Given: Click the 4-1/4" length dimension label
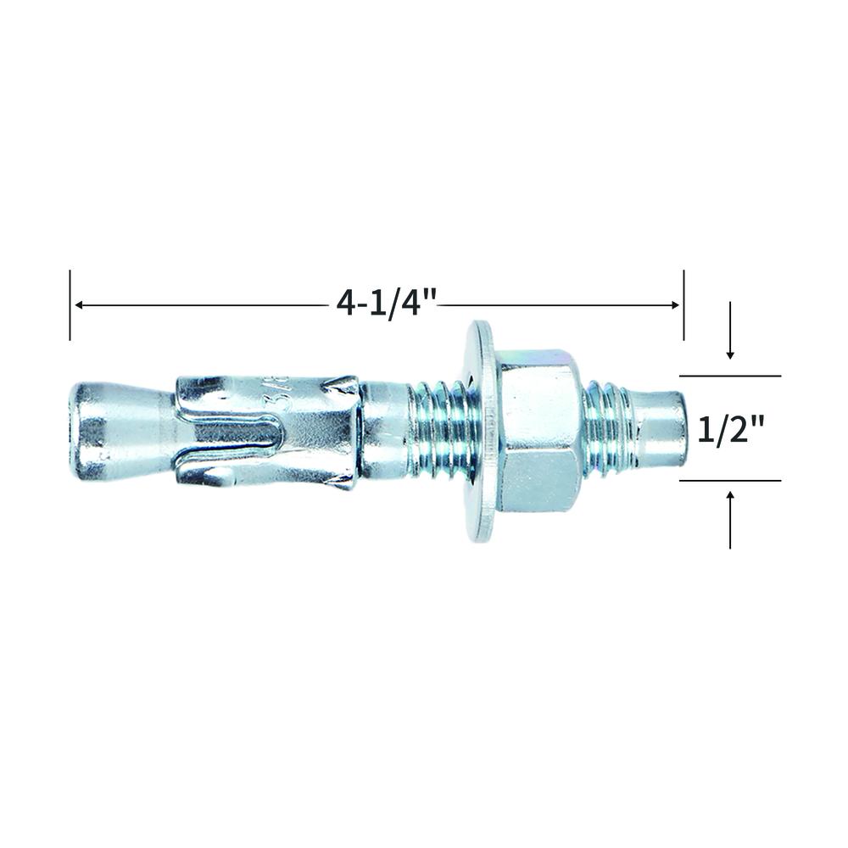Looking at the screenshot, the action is pyautogui.click(x=386, y=304).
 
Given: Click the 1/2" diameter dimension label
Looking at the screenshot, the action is pyautogui.click(x=731, y=431).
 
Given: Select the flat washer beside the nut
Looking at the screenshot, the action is pyautogui.click(x=482, y=431).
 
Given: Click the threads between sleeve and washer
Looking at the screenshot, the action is pyautogui.click(x=438, y=429).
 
